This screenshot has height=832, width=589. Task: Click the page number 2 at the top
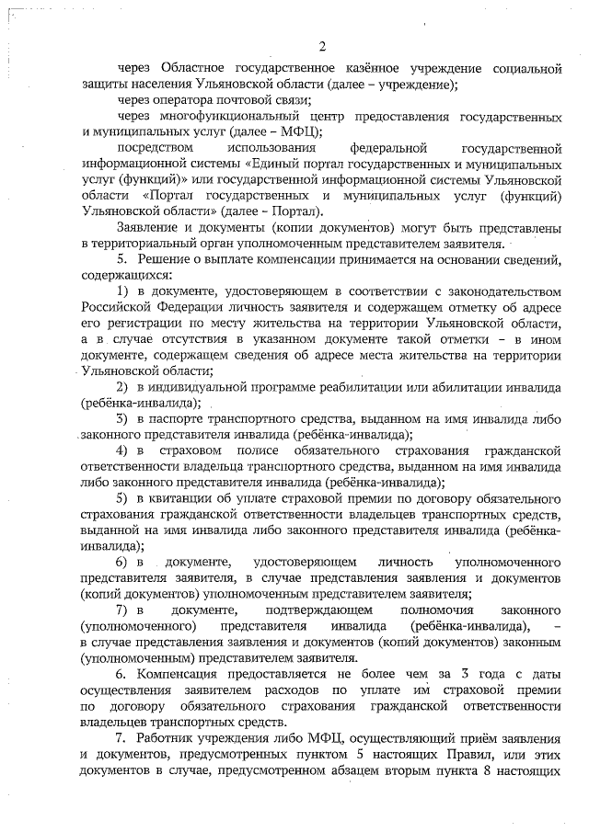coord(321,47)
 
